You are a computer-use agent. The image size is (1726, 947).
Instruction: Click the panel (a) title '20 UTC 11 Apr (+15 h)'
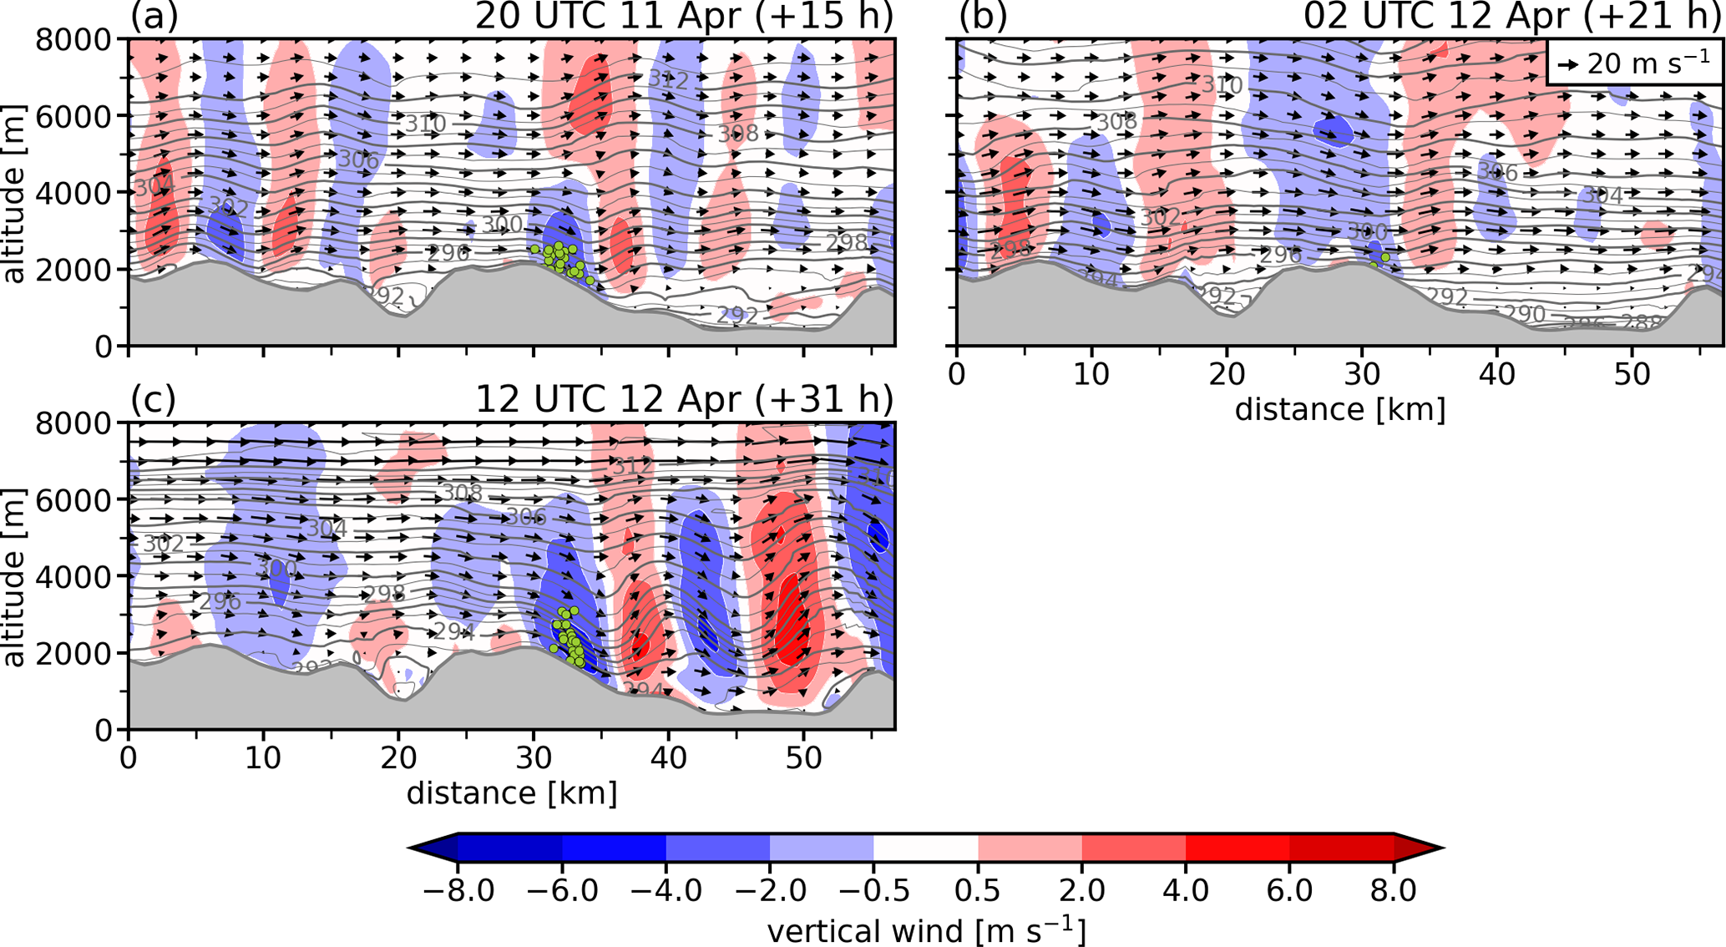coord(684,17)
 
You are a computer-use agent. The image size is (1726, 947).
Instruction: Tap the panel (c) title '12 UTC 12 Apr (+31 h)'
coord(684,399)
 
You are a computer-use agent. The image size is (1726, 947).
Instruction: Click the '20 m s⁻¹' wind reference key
coord(1633,63)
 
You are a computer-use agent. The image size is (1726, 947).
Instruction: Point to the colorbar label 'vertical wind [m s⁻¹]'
coord(926,930)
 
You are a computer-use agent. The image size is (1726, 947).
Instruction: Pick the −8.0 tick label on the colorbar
coord(458,890)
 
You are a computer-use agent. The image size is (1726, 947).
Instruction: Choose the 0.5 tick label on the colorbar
coord(978,890)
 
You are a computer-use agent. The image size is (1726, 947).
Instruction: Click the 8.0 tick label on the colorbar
coord(1393,890)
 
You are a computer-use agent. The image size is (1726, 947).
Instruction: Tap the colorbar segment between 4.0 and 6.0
coord(1238,848)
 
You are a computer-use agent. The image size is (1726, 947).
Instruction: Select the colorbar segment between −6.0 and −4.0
coord(614,848)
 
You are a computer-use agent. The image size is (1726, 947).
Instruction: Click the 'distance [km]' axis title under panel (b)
coord(1339,409)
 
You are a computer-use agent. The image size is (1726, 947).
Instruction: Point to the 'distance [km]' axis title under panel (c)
coord(511,793)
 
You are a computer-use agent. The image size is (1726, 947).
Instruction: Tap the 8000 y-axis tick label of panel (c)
coord(73,423)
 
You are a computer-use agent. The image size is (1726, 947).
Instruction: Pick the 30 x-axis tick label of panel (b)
coord(1361,374)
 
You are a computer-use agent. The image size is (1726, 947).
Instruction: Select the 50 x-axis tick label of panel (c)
coord(802,758)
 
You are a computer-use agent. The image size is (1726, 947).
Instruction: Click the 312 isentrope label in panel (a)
coord(668,80)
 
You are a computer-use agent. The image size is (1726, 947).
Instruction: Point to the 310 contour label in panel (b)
coord(1222,85)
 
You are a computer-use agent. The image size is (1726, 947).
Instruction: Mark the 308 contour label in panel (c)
coord(462,493)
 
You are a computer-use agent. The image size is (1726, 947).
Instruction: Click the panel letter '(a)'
coord(154,17)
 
